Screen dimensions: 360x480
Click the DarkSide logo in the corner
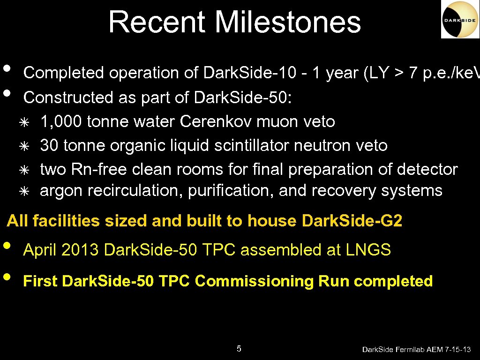pyautogui.click(x=460, y=19)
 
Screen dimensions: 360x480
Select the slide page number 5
pyautogui.click(x=239, y=348)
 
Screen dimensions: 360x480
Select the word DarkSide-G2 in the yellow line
pyautogui.click(x=352, y=221)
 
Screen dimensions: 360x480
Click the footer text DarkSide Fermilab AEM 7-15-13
pyautogui.click(x=417, y=350)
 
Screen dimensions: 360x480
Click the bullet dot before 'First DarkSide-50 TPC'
pyautogui.click(x=6, y=276)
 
